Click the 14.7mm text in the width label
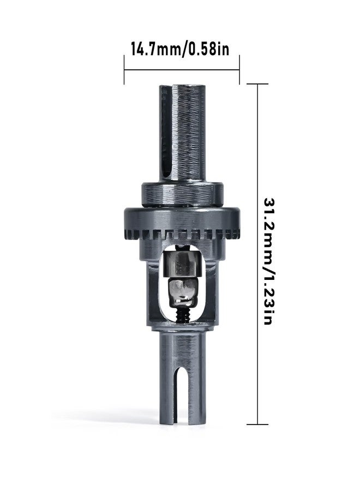point(154,48)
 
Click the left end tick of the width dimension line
point(124,69)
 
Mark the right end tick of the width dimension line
point(239,69)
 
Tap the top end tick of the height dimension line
point(257,84)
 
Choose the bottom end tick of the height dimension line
point(257,424)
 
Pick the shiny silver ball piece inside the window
point(179,292)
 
